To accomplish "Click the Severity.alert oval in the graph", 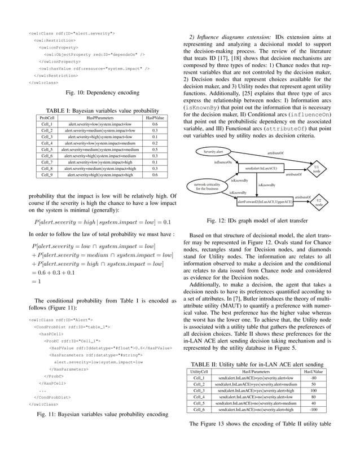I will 213,152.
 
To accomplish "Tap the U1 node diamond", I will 317,169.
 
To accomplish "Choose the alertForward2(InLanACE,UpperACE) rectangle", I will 265,201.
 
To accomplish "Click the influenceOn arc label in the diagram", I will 223,162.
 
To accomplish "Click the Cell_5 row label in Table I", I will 47,149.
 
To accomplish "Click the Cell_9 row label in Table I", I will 47,175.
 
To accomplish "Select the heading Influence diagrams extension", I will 234,38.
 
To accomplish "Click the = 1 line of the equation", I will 39,281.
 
